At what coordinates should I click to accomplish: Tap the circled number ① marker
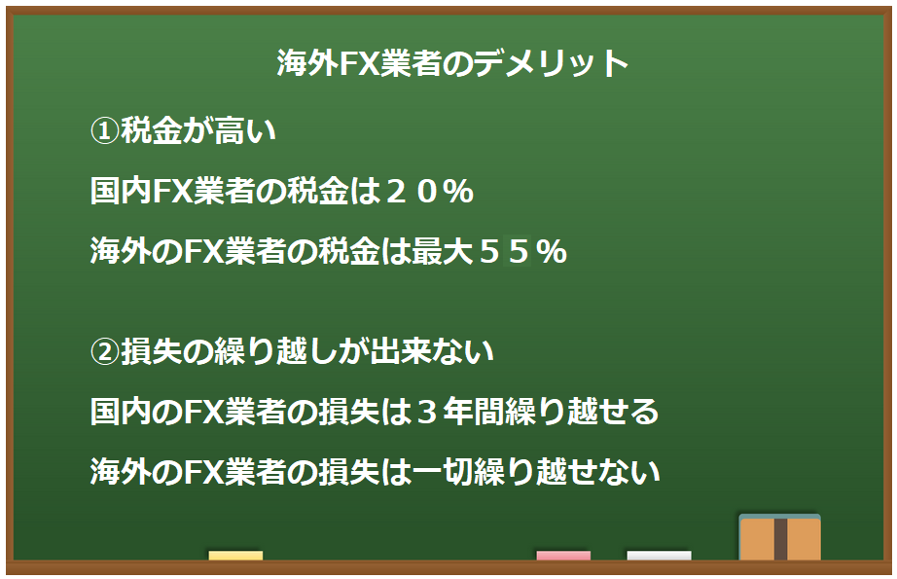click(x=104, y=130)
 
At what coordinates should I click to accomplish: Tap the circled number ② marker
click(x=104, y=352)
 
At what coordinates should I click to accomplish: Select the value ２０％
click(x=428, y=193)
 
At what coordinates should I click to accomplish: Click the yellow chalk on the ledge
click(x=235, y=556)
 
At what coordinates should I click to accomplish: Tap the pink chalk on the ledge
click(x=563, y=556)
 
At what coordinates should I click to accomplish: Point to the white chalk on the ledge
click(x=659, y=556)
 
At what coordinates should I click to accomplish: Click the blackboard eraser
click(x=779, y=538)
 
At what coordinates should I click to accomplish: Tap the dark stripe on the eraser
click(x=780, y=539)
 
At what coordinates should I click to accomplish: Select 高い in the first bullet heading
click(x=245, y=130)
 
